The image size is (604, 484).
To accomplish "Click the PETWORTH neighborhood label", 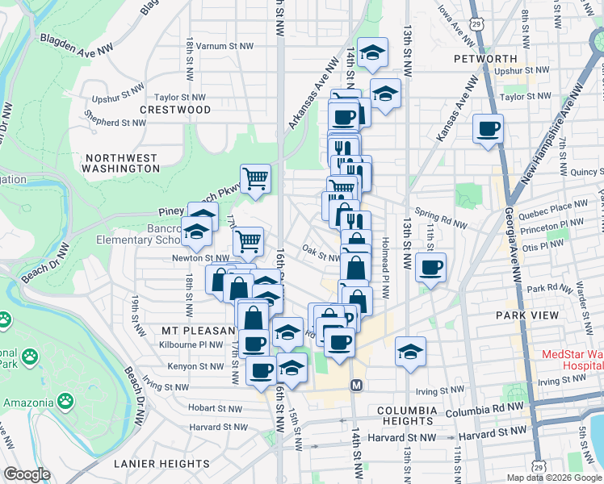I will pyautogui.click(x=485, y=59).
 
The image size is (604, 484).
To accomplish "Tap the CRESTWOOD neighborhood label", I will pyautogui.click(x=175, y=109).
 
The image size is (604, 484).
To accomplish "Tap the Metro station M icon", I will pyautogui.click(x=355, y=387).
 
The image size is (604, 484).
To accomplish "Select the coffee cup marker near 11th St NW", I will pyautogui.click(x=431, y=266).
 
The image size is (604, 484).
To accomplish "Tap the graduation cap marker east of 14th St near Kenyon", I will pyautogui.click(x=411, y=351).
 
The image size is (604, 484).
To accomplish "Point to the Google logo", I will pyautogui.click(x=27, y=474).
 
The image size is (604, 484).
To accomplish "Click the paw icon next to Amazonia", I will pyautogui.click(x=64, y=401).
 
